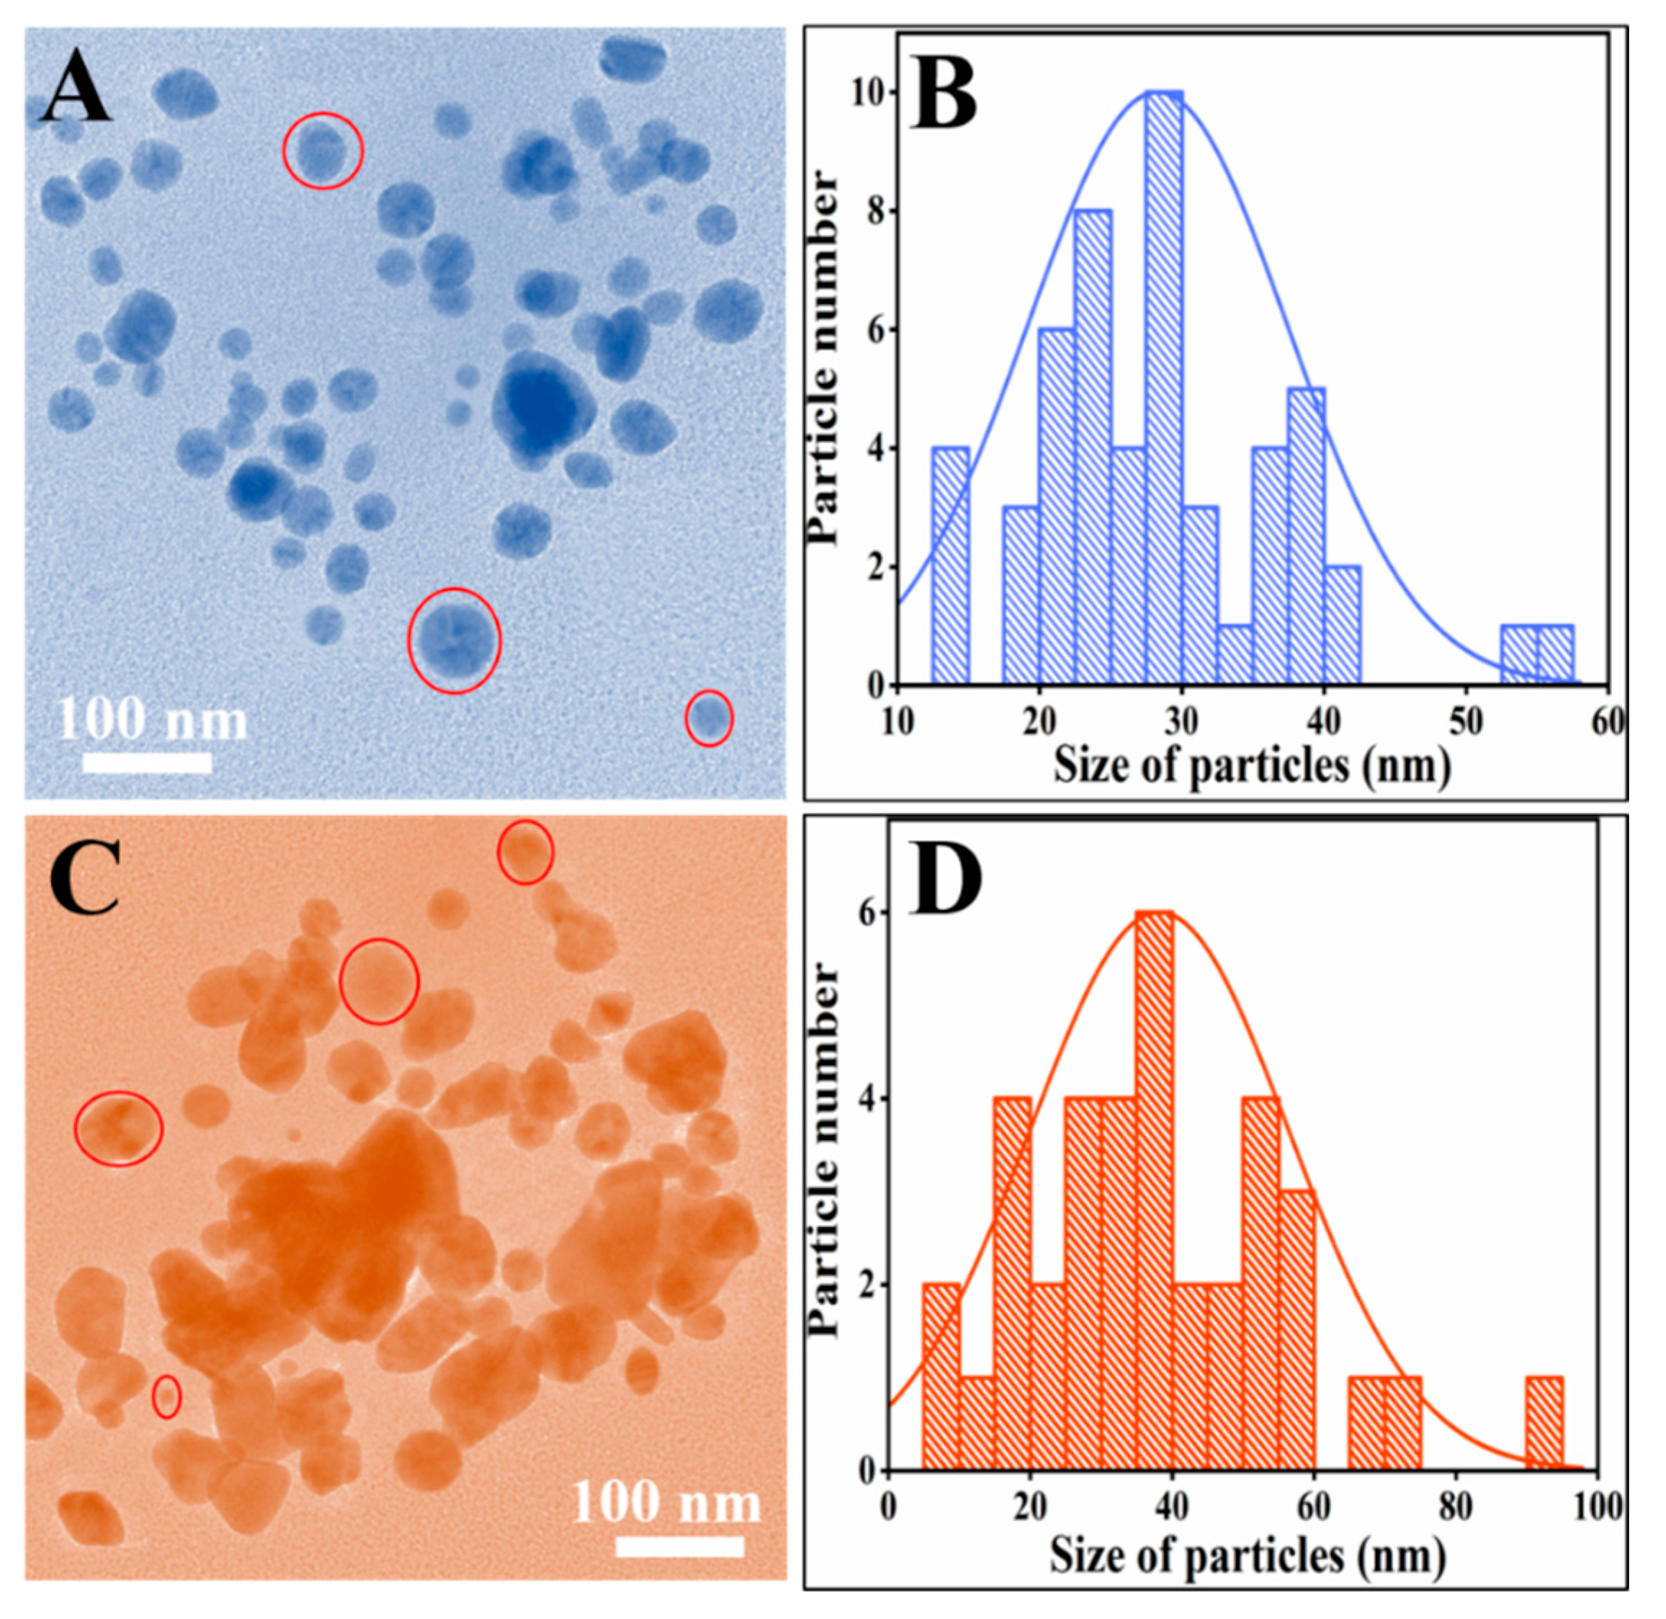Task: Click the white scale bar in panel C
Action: pos(679,1547)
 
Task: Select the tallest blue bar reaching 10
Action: pos(1164,391)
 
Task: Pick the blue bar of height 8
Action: pos(1092,450)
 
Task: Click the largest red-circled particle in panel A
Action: pos(454,641)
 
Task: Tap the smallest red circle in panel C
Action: pos(166,1396)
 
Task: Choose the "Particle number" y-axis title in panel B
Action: pos(823,357)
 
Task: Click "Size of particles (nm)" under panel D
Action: pos(1248,1556)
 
